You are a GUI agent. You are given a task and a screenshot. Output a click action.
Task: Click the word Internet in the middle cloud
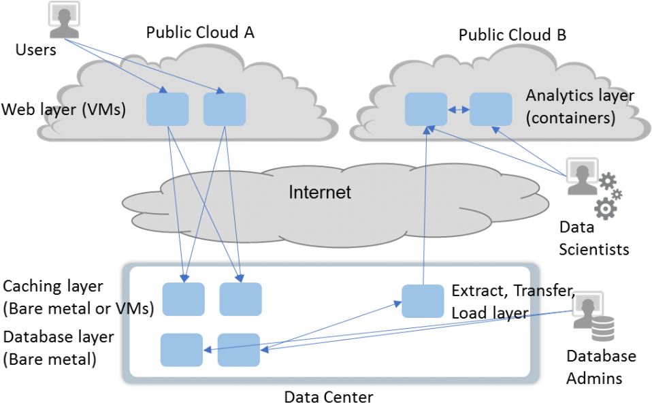tap(320, 192)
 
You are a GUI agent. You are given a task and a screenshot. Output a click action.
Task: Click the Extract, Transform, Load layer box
tap(423, 301)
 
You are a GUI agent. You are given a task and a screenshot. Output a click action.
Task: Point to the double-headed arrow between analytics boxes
tap(458, 110)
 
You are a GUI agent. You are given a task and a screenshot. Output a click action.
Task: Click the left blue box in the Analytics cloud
tap(426, 110)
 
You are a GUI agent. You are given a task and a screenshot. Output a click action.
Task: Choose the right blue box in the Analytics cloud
tap(491, 110)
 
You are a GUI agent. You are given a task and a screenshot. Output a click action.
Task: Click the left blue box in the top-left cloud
tap(167, 110)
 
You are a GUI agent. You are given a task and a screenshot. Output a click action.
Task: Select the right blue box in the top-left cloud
tap(225, 110)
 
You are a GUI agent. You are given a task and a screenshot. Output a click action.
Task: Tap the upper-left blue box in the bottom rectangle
tap(184, 300)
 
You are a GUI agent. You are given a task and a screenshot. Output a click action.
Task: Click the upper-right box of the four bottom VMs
tap(240, 300)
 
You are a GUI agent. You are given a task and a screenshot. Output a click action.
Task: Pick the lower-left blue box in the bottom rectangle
tap(182, 350)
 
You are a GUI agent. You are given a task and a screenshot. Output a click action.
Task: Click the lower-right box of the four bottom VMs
tap(239, 350)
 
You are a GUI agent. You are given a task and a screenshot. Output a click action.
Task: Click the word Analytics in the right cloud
tap(557, 95)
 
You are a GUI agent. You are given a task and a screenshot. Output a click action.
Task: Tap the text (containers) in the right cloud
tap(570, 118)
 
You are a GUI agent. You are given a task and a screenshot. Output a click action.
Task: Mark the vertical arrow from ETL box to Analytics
tap(425, 204)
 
